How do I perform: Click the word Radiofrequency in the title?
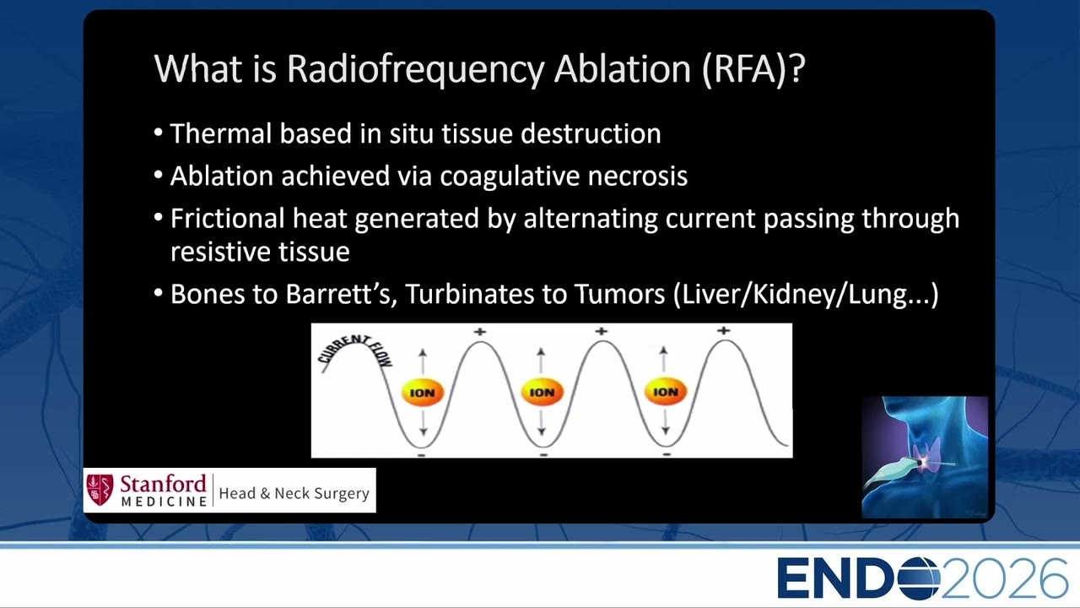click(x=416, y=69)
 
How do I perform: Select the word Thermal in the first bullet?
click(x=221, y=133)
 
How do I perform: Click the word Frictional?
click(x=228, y=218)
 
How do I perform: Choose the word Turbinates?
click(x=470, y=293)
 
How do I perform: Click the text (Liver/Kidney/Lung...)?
click(x=806, y=294)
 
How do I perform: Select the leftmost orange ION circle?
click(x=423, y=393)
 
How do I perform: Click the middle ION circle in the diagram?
click(x=542, y=392)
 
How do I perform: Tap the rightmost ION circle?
click(x=666, y=391)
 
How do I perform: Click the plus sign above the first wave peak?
click(x=480, y=332)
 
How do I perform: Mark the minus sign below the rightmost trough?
click(x=667, y=454)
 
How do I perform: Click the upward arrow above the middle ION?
click(x=541, y=360)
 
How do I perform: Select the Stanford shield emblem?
click(x=100, y=490)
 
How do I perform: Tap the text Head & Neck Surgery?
click(x=294, y=493)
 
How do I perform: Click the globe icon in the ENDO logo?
click(x=919, y=578)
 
